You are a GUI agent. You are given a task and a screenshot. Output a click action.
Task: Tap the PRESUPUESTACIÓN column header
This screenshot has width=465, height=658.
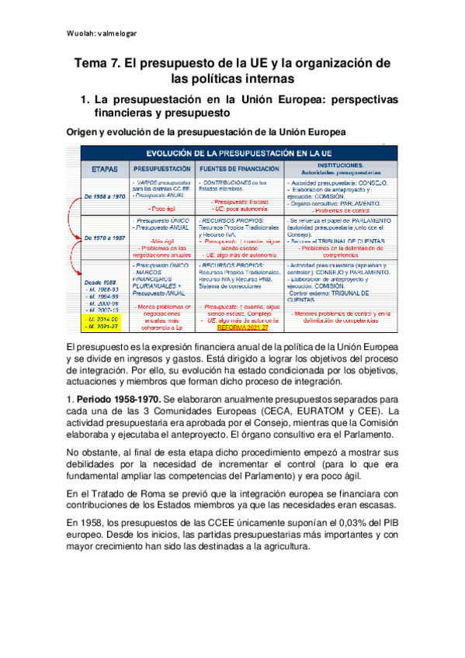point(162,167)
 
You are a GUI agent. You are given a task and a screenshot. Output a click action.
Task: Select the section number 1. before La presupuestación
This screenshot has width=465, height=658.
point(86,100)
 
